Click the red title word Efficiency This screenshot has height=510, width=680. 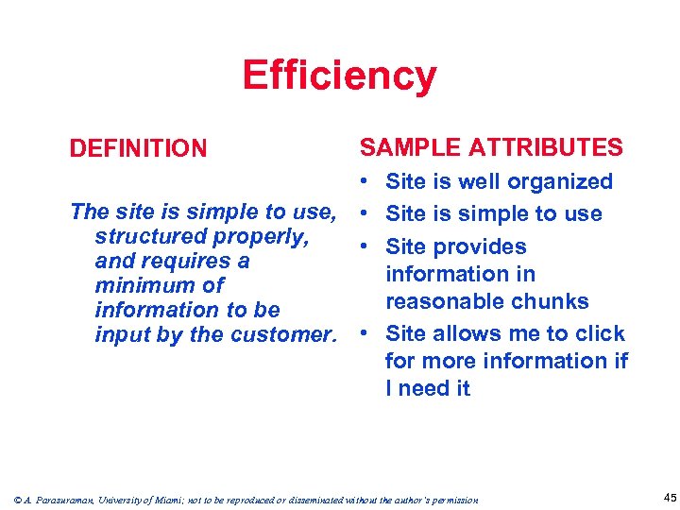(x=339, y=76)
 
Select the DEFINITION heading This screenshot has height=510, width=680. (x=138, y=148)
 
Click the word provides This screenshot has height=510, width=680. (x=483, y=246)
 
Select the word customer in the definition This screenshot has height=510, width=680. (x=282, y=334)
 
